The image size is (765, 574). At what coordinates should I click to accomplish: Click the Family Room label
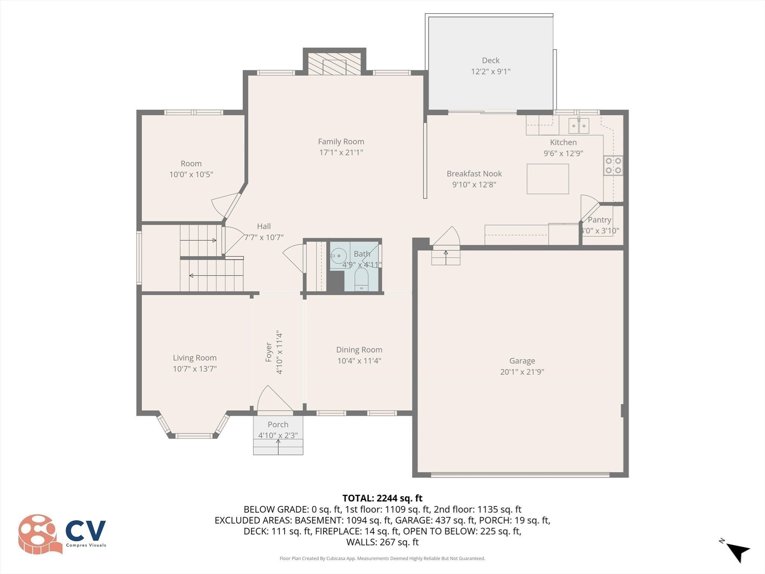341,142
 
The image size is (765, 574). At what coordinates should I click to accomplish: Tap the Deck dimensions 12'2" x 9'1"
490,71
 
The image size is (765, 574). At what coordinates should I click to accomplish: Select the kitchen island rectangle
548,179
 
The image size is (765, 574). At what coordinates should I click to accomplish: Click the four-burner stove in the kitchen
613,166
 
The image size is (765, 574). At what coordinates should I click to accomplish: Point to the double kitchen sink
579,126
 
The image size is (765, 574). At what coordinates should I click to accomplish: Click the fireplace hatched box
334,64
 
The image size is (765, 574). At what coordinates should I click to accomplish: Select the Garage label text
522,361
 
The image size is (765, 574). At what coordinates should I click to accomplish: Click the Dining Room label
359,350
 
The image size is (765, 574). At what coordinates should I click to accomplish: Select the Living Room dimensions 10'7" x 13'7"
195,369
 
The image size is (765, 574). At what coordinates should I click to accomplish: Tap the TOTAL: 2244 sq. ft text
382,498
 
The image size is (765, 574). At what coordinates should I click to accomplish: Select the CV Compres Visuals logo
62,534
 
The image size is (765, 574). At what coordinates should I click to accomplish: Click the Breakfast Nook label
474,174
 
